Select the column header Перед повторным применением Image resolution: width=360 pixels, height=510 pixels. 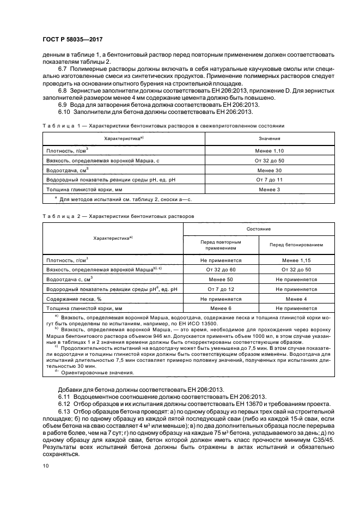tap(221, 244)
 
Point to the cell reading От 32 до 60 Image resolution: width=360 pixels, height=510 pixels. tap(221, 270)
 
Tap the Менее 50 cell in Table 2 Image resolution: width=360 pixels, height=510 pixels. tap(221, 279)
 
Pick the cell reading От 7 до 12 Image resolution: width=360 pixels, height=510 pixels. tap(221, 289)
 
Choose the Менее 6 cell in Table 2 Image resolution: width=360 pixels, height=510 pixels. tap(221, 308)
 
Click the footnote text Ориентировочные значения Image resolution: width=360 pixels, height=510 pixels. tap(97, 373)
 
